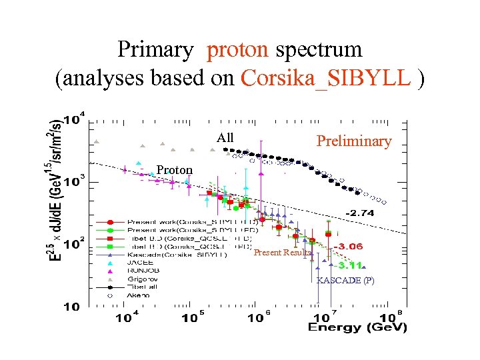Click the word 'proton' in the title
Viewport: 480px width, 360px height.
tap(237, 50)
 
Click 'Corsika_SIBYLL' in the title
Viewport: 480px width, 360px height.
tap(325, 78)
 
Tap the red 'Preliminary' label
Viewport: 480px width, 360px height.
tap(353, 141)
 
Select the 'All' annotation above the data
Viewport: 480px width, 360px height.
tap(225, 138)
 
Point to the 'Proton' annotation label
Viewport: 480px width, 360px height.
tap(174, 170)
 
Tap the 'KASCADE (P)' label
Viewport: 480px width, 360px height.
tap(345, 281)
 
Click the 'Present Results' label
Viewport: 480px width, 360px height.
tap(282, 253)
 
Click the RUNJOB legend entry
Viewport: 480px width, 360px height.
tap(141, 271)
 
